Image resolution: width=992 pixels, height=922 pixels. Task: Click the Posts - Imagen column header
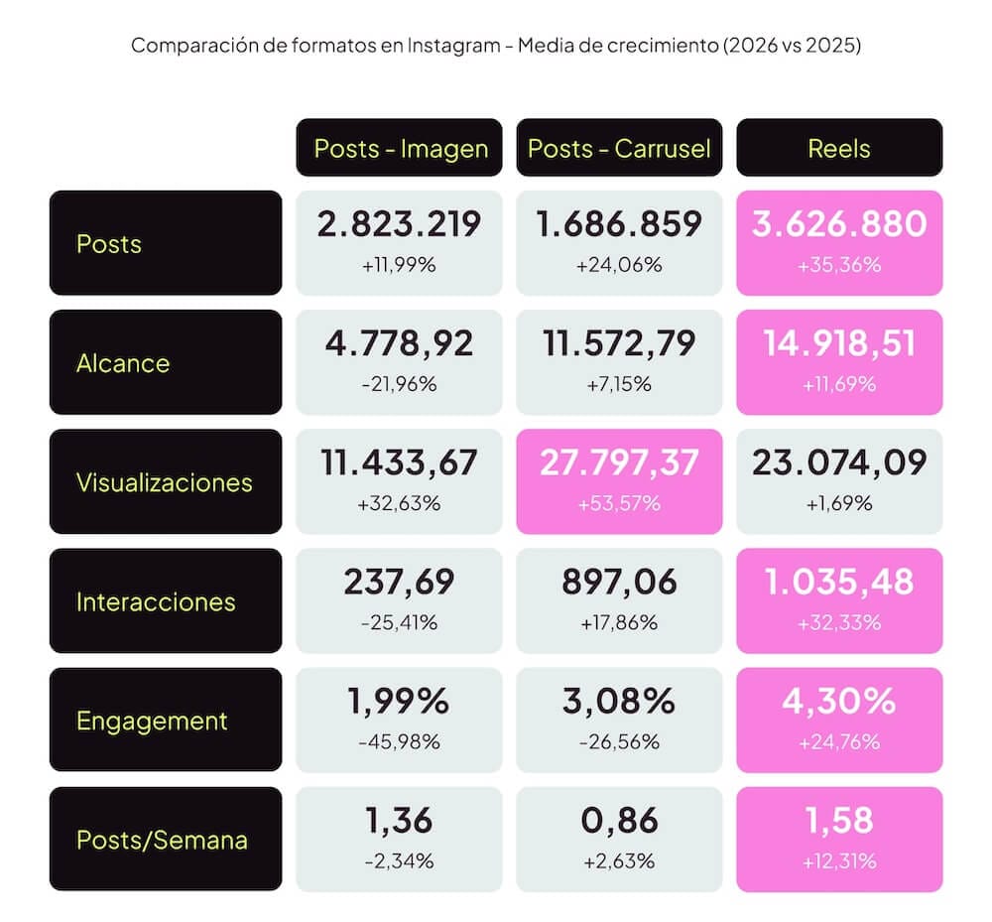click(x=399, y=148)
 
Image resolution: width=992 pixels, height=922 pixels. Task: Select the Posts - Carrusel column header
click(x=619, y=148)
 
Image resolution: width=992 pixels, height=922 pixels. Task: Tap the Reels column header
click(x=839, y=148)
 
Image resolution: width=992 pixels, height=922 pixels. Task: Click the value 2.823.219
click(x=399, y=224)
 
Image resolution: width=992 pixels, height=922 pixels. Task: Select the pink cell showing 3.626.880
click(x=839, y=243)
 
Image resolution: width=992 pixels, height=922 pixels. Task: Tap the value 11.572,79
click(x=619, y=343)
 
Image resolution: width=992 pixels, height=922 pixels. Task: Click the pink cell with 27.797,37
click(x=619, y=481)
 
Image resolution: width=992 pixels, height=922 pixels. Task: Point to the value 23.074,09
click(x=839, y=462)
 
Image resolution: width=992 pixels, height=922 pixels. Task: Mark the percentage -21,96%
click(x=399, y=384)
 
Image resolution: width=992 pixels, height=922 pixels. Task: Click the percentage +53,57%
click(x=619, y=504)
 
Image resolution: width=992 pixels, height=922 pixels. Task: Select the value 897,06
click(x=619, y=583)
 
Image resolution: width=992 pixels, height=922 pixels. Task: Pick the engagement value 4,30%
click(x=839, y=701)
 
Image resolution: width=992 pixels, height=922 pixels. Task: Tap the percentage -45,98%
click(x=399, y=741)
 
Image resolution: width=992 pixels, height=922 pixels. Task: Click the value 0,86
click(x=619, y=820)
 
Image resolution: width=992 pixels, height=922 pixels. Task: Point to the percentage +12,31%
click(x=839, y=861)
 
